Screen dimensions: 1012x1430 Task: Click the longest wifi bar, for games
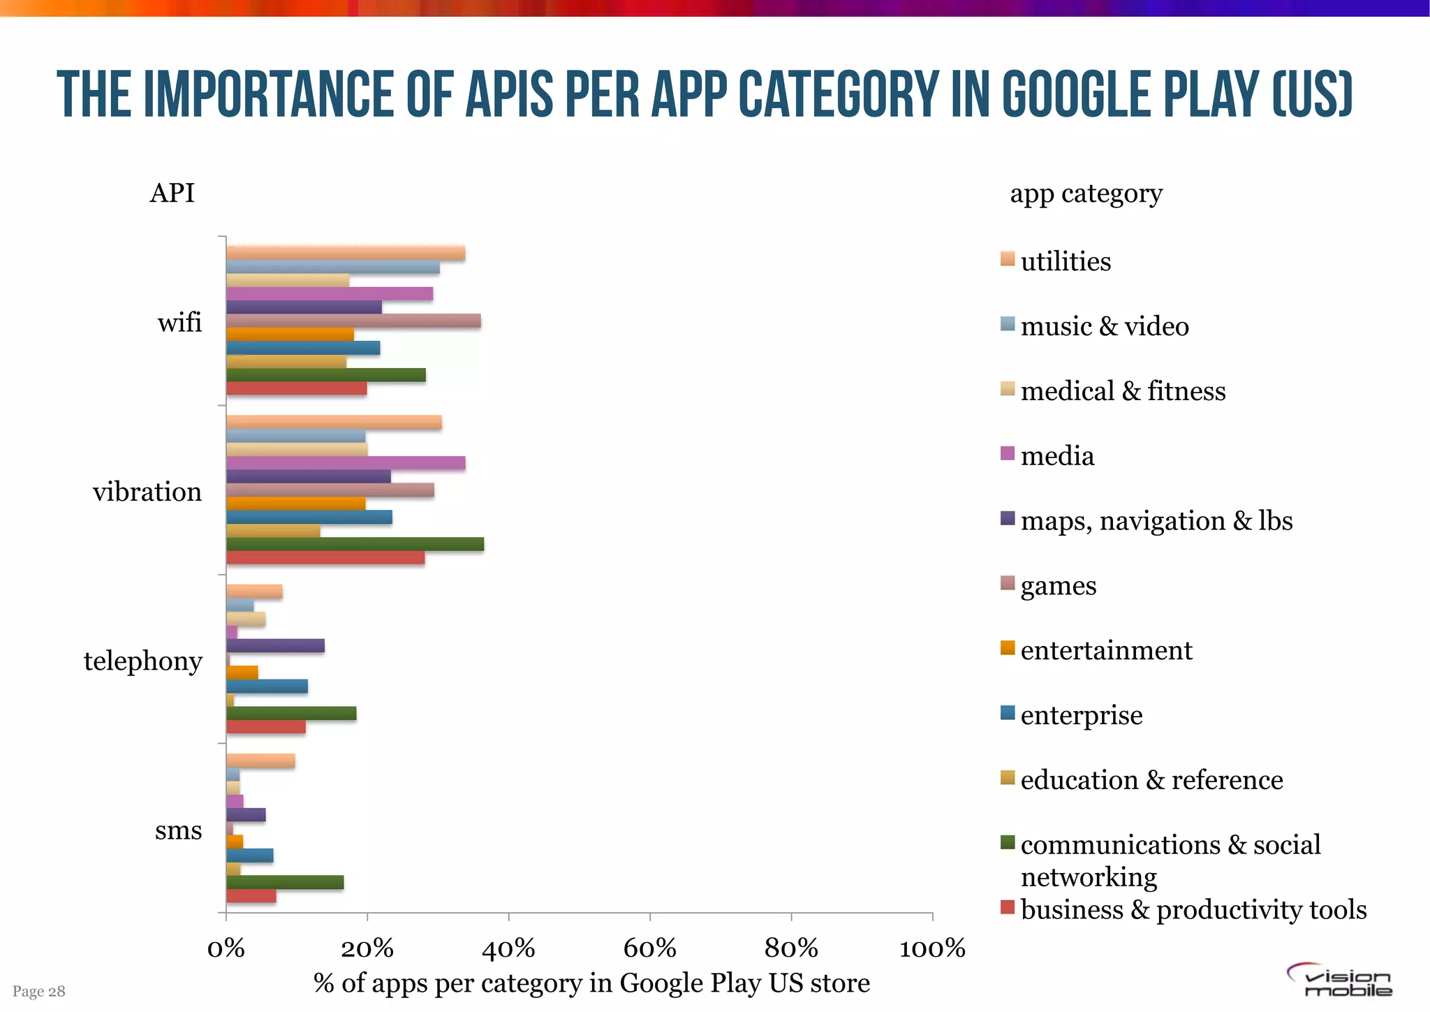tap(353, 321)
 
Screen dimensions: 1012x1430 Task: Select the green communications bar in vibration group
tap(355, 545)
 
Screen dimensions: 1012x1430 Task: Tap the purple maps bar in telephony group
tap(275, 646)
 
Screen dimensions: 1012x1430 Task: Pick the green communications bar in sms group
tap(285, 883)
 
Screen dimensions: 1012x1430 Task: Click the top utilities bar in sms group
tap(260, 761)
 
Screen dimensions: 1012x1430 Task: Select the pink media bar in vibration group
tap(346, 463)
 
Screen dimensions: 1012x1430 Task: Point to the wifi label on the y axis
tap(179, 323)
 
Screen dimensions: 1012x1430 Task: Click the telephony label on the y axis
tap(143, 661)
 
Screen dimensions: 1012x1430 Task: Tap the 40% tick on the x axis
tap(508, 948)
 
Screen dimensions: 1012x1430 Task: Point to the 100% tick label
tap(932, 948)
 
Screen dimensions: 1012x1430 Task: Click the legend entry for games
tap(1058, 585)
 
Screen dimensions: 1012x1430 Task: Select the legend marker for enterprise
tap(1008, 713)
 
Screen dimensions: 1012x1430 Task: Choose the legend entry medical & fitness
tap(1122, 391)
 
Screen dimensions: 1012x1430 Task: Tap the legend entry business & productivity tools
tap(1193, 909)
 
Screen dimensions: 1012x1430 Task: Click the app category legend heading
tap(1086, 193)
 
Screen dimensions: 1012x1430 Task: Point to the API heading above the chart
tap(172, 193)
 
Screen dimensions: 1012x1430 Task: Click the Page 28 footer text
tap(39, 991)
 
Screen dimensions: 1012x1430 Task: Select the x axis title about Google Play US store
tap(591, 983)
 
